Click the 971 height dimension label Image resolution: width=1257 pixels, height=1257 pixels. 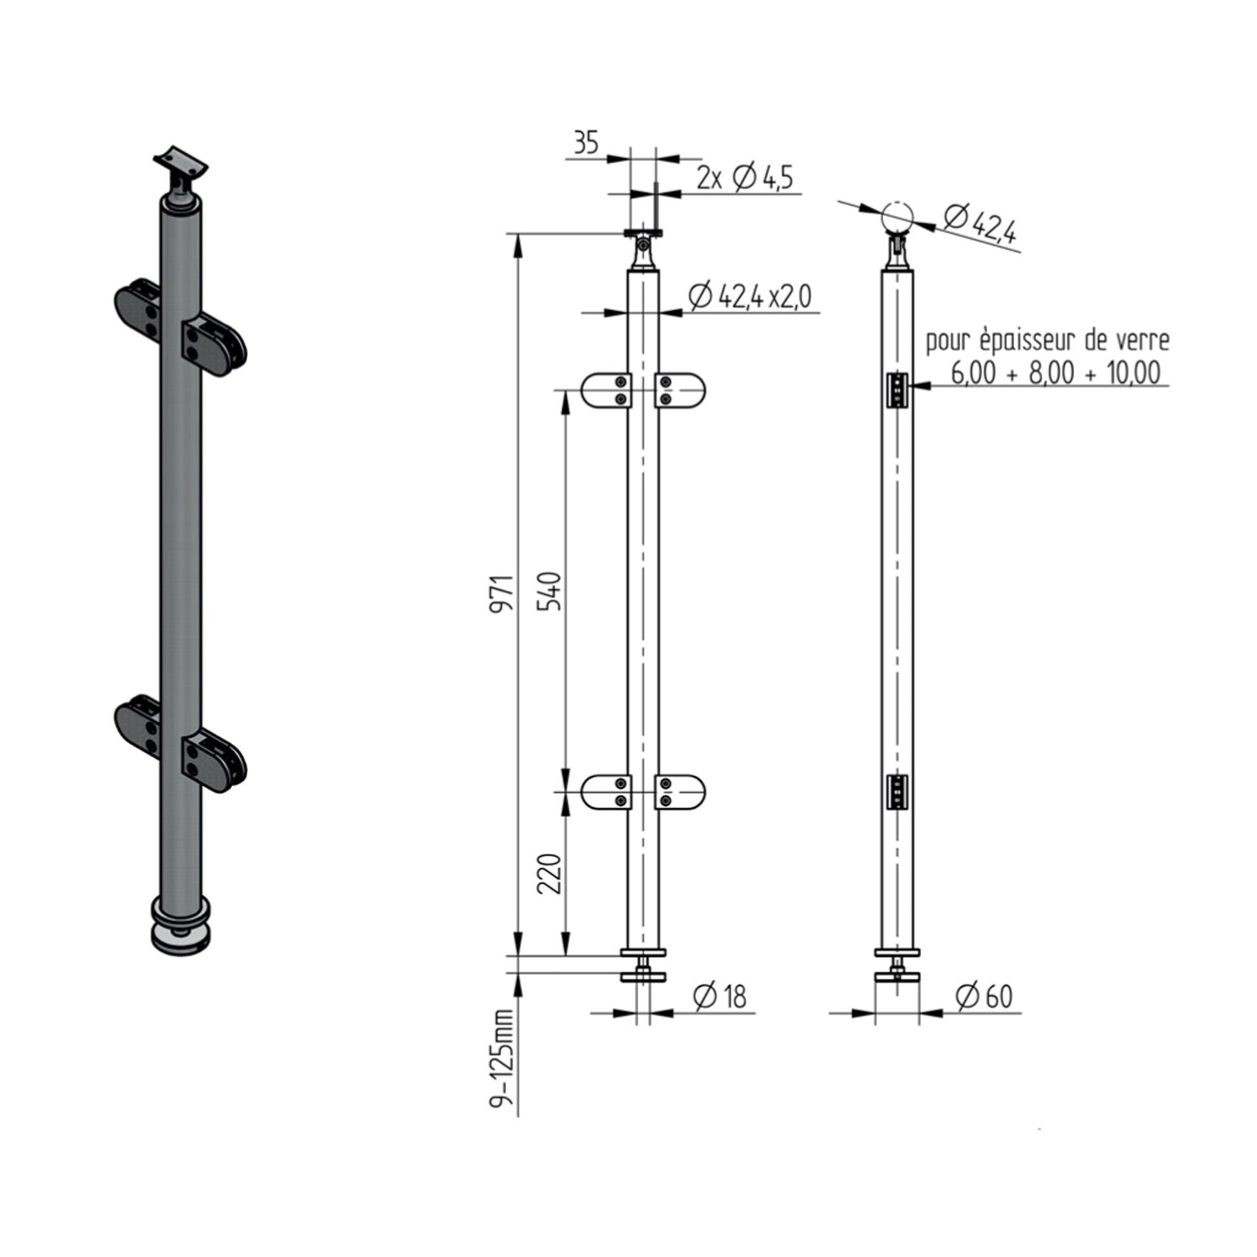pos(503,592)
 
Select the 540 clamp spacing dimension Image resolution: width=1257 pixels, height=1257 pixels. pos(549,591)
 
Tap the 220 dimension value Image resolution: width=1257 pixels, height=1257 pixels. pos(550,873)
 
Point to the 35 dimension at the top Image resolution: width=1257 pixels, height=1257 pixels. pos(586,143)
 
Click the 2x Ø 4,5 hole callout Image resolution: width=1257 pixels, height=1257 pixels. pos(745,178)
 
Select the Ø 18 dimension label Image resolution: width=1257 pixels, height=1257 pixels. pos(720,997)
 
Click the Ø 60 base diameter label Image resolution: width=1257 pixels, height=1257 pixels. pos(984,997)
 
